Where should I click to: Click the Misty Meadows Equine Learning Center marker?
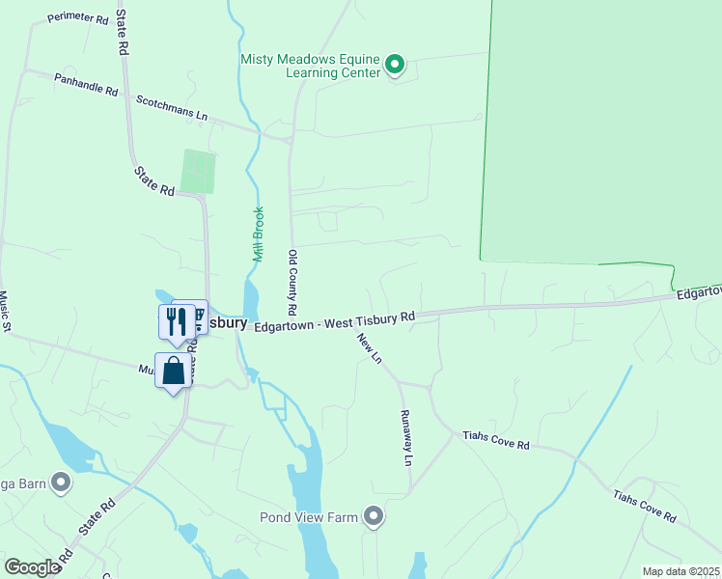[394, 66]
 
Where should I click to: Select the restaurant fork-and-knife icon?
[176, 320]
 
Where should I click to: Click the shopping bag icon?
[174, 371]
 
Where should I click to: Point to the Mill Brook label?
[258, 234]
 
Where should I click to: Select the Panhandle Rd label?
[85, 84]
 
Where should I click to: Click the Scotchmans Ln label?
[172, 107]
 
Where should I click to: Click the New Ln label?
[370, 348]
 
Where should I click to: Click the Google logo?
[33, 567]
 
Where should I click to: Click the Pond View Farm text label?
[309, 517]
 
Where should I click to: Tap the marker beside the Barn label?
[62, 482]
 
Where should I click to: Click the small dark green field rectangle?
[198, 172]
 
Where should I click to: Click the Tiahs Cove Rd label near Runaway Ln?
[496, 443]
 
